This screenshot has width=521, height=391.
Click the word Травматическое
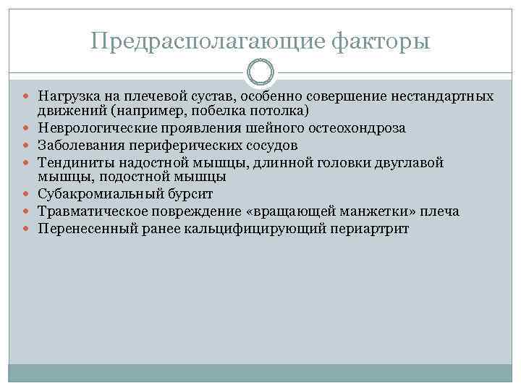[x=86, y=211]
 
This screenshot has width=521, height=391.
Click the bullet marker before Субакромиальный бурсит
[x=29, y=195]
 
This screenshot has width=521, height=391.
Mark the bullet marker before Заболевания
[x=29, y=145]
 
